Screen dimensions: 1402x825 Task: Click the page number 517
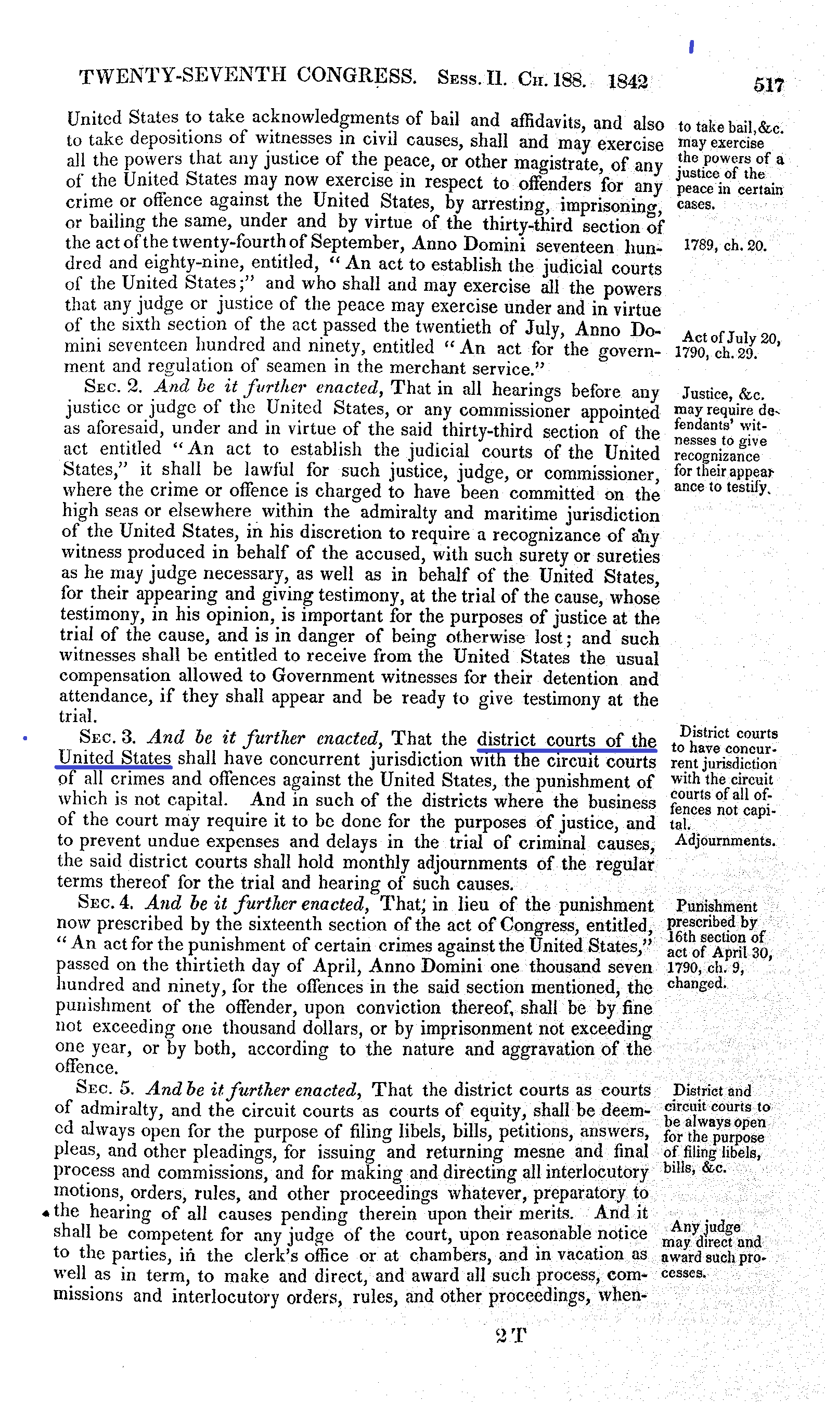[x=769, y=85]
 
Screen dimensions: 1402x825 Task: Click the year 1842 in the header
[x=627, y=81]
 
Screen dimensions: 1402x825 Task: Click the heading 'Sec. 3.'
[x=108, y=737]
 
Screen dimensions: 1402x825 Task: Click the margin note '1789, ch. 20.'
[x=725, y=246]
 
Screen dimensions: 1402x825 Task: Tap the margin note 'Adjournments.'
[x=725, y=841]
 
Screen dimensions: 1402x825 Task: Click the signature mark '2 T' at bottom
[x=510, y=1335]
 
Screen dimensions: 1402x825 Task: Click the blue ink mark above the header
[x=691, y=47]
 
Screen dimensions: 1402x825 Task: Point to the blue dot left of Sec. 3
[x=25, y=738]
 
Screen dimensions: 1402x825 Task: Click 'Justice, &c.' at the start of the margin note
[x=723, y=394]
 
